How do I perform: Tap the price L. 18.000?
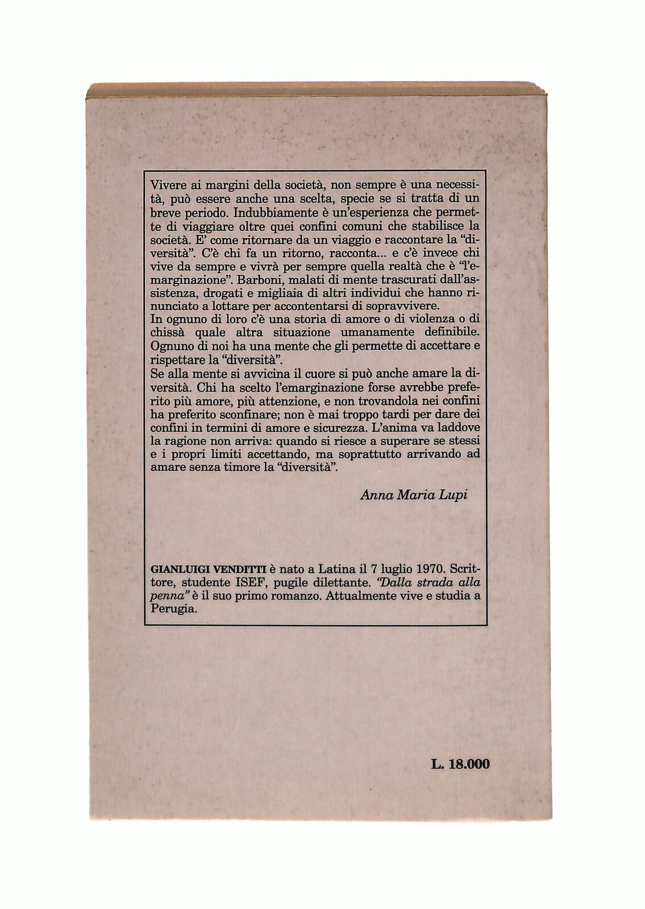460,764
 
